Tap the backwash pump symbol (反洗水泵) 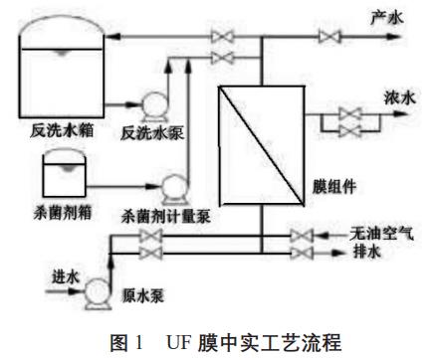pyautogui.click(x=153, y=102)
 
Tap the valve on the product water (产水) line pyautogui.click(x=325, y=37)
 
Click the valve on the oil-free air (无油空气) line pyautogui.click(x=301, y=236)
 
